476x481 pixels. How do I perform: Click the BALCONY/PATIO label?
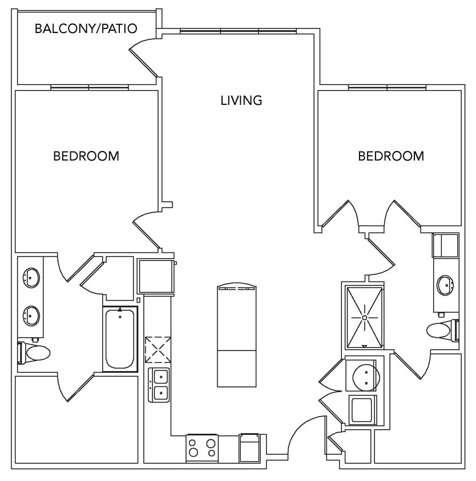86,28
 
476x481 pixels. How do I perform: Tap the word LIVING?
241,100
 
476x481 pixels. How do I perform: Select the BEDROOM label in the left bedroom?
86,156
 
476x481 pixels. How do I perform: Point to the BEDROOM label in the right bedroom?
391,156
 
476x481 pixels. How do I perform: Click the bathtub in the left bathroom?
120,339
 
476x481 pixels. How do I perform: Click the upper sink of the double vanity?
31,278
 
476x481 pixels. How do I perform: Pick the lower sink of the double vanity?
31,313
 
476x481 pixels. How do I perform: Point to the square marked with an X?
158,350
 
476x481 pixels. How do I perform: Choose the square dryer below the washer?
361,409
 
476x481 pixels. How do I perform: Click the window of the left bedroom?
89,88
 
